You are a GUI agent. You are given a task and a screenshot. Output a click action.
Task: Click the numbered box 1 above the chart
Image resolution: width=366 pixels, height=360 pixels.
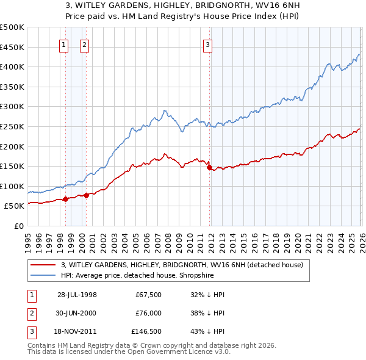pyautogui.click(x=64, y=44)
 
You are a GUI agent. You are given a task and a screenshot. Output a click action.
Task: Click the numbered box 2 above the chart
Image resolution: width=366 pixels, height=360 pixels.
pyautogui.click(x=84, y=44)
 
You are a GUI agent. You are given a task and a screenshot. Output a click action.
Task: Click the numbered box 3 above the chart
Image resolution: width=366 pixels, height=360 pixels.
pyautogui.click(x=208, y=44)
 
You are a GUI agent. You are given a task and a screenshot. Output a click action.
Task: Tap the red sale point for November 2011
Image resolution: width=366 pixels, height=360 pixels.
pyautogui.click(x=209, y=167)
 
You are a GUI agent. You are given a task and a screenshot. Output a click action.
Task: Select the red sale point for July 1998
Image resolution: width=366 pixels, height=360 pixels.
pyautogui.click(x=65, y=198)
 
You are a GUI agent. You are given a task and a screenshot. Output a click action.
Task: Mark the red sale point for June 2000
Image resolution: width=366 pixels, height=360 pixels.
pyautogui.click(x=86, y=195)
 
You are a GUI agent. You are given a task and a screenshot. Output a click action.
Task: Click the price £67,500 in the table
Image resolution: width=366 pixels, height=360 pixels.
pyautogui.click(x=148, y=295)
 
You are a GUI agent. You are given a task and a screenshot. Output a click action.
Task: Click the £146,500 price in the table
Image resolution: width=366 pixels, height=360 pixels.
pyautogui.click(x=146, y=331)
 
